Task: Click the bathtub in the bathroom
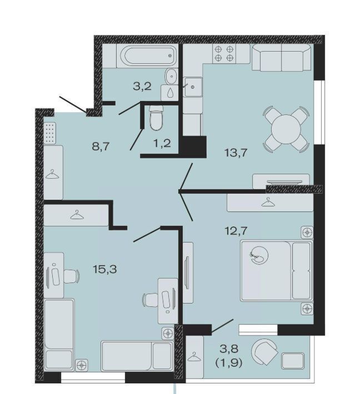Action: [x=148, y=56]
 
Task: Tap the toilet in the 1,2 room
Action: [x=156, y=118]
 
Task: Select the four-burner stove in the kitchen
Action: [x=224, y=53]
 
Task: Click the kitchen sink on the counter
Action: [x=193, y=87]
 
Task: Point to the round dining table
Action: [x=286, y=129]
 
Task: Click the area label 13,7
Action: [x=236, y=153]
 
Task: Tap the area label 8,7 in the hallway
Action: [x=101, y=146]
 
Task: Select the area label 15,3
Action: [x=105, y=269]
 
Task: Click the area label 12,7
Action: [x=236, y=230]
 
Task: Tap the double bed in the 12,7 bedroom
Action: [x=277, y=271]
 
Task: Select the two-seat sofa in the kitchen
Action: [x=282, y=57]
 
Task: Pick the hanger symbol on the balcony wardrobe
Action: [x=194, y=357]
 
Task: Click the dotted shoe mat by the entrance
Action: [x=49, y=133]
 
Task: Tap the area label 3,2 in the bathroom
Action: [x=142, y=87]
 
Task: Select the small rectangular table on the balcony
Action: [x=293, y=361]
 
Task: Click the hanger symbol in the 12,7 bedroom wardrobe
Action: [x=268, y=202]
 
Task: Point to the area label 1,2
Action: [x=162, y=143]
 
